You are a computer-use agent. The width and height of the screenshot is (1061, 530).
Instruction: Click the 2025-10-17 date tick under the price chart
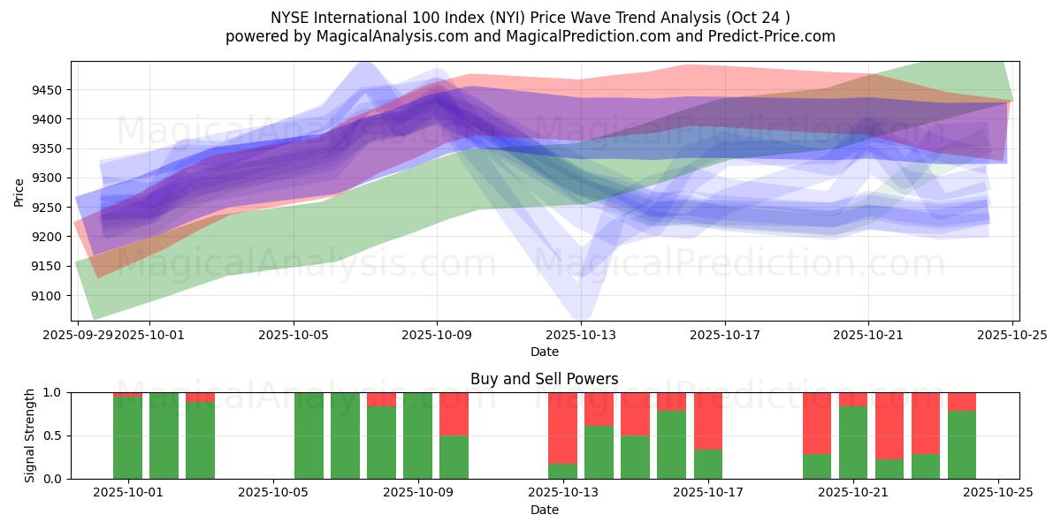coord(724,335)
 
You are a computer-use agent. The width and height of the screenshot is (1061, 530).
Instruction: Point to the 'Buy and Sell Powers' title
coord(545,379)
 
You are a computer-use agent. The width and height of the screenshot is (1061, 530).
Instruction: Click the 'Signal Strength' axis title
coord(30,435)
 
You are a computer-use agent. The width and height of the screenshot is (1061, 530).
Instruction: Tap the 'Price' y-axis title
coord(19,192)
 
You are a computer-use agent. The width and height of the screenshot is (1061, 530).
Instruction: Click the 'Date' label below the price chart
coord(545,352)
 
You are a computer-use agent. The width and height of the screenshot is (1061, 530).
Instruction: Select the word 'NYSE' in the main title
coord(289,17)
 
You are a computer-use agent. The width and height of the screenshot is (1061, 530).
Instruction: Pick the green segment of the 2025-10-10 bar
coord(454,457)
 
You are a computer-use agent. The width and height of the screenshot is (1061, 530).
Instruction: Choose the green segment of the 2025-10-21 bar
coord(852,443)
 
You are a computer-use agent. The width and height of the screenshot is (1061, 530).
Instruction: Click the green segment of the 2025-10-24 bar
coord(961,445)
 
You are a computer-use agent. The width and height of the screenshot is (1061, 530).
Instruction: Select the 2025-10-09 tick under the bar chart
coord(417,493)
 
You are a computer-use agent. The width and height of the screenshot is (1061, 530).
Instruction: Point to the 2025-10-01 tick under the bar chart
coord(128,493)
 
